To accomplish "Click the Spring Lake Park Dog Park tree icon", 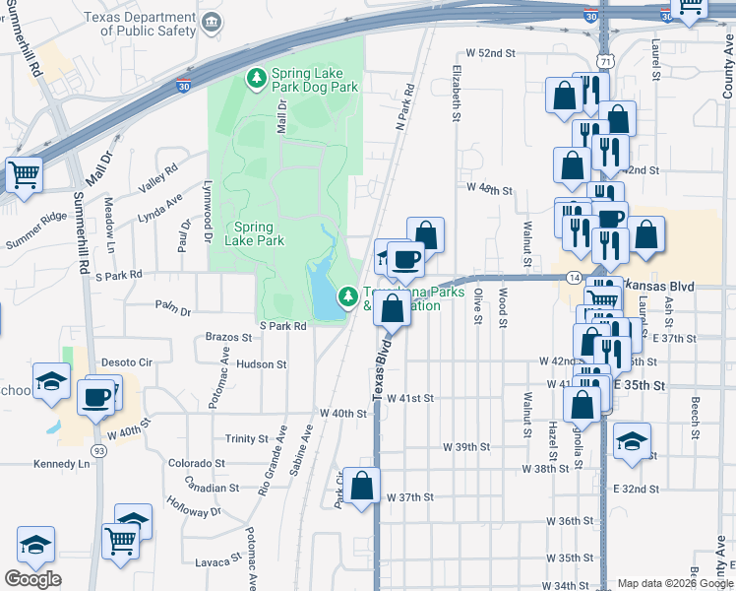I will [257, 77].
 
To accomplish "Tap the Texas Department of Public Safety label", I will [140, 25].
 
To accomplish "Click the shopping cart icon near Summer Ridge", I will [24, 175].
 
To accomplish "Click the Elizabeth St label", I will [457, 95].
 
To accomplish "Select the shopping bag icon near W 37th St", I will [362, 486].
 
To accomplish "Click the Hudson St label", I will [261, 364].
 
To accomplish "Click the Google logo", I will [32, 579].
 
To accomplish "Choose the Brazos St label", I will [228, 337].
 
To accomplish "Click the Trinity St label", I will [247, 439].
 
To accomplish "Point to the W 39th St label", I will [465, 447].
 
